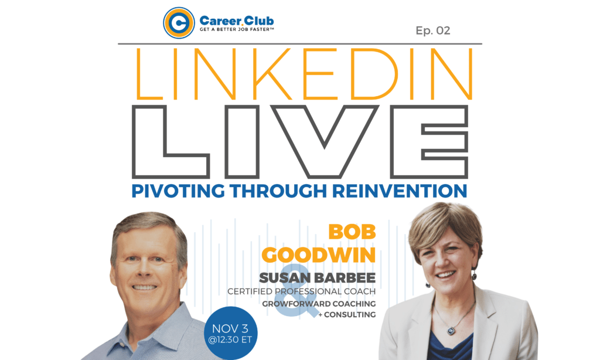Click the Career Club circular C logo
coord(179,23)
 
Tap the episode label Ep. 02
coord(433,30)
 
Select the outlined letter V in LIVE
coord(325,141)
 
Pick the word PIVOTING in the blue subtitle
coord(178,191)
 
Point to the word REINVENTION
coord(400,191)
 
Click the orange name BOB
coord(352,232)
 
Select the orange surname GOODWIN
coord(319,255)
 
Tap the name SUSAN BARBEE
coord(317,278)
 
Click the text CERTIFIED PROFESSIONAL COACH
coord(302,291)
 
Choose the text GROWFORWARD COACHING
coord(319,304)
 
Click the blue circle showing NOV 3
coord(231,333)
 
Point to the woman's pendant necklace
coord(452,331)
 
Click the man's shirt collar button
coord(122,345)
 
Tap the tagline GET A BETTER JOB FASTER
coord(237,29)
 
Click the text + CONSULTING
coord(347,315)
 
